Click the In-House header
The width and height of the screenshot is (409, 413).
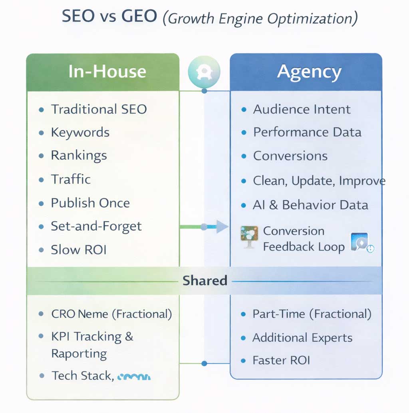point(107,72)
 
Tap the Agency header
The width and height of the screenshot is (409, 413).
point(309,72)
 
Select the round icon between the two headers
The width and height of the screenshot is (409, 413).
point(204,71)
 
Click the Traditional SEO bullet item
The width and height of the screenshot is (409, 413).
point(99,109)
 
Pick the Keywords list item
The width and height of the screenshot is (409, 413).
point(80,132)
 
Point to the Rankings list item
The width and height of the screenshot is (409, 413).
point(79,156)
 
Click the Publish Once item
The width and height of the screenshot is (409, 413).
point(90,203)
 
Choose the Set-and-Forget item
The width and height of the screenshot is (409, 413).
point(96,226)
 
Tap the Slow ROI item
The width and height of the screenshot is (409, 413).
point(79,250)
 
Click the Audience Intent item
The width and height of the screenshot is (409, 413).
point(302,109)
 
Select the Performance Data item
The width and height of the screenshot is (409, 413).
point(307,132)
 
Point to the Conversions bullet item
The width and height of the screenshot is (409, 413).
point(290,156)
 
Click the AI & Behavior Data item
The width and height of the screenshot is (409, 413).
point(310,205)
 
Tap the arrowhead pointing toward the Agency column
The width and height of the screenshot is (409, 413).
point(222,227)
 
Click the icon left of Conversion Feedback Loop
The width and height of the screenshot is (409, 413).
point(249,237)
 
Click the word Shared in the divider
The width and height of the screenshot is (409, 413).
point(204,281)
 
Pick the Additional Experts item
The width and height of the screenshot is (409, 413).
point(302,338)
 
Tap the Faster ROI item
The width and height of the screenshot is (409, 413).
point(281,360)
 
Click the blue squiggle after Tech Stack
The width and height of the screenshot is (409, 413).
point(135,376)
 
